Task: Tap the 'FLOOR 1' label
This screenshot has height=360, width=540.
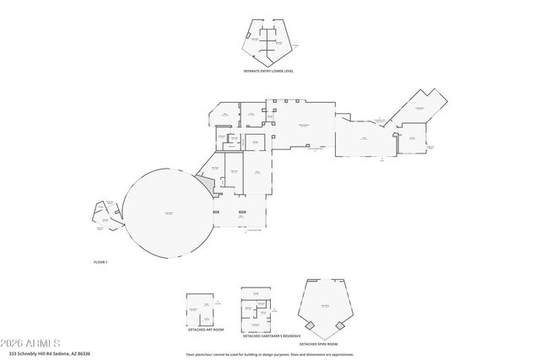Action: (x=100, y=263)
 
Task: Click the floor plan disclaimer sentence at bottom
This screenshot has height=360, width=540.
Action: (x=270, y=354)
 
